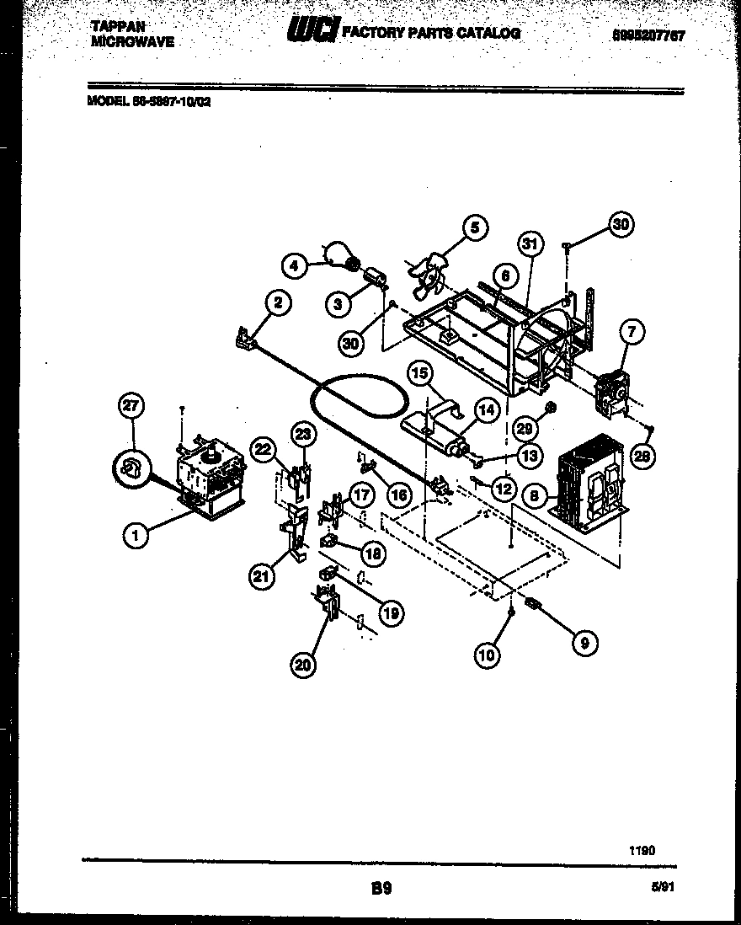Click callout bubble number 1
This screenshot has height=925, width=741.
point(134,533)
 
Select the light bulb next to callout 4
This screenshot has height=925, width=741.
point(339,254)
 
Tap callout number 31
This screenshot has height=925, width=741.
point(529,245)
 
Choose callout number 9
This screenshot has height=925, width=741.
point(583,643)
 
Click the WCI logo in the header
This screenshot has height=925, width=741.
point(313,32)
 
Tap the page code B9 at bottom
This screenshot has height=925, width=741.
point(381,888)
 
